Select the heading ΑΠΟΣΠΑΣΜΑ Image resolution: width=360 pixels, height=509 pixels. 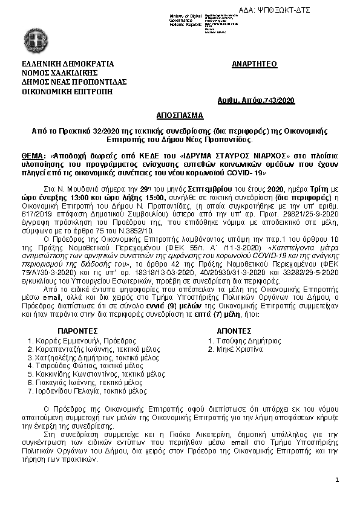180,115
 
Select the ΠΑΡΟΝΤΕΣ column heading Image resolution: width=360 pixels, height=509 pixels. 77,332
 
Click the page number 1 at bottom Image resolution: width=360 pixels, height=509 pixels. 337,480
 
